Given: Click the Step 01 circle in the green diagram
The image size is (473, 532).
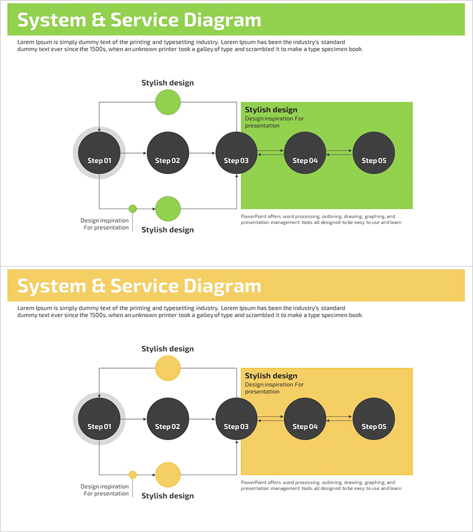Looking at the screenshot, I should coord(99,153).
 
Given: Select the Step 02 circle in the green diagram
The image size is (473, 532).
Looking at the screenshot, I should coord(168,153).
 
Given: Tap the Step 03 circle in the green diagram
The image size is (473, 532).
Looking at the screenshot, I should coord(237,153).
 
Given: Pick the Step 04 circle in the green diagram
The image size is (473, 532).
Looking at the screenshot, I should coord(305,153).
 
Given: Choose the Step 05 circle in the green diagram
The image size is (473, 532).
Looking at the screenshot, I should coord(374,153).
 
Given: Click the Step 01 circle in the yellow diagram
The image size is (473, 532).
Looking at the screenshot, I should coord(99,419).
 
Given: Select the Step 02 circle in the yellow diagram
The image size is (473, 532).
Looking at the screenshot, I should coord(168,419).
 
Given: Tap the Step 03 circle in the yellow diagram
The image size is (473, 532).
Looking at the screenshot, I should coord(237,419).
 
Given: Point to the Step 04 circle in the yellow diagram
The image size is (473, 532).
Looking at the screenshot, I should coord(305,419).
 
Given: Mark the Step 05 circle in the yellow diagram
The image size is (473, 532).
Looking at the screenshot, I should coord(374,419).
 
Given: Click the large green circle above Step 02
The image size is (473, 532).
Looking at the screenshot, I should coord(168,102).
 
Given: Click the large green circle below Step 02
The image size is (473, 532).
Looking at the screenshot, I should coord(168,209).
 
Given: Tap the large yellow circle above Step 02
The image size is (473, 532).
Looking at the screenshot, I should coord(168,368).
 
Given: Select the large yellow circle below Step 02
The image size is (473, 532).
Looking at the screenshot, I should coord(168,475).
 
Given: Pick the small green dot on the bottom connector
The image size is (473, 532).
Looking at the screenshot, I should coord(132,209).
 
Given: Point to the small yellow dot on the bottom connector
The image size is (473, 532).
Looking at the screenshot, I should coord(132,475).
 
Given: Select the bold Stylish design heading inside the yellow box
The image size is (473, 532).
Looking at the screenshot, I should coord(271,376).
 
